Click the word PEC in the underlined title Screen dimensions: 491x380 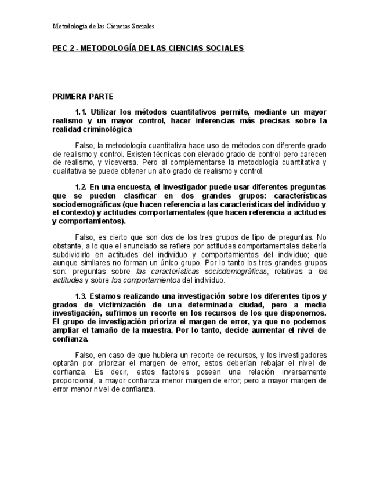(60, 49)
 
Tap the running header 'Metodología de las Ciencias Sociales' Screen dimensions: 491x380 (103, 26)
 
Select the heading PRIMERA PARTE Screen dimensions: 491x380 (83, 96)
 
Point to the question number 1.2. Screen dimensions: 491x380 (81, 187)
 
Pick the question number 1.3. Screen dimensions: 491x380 (81, 296)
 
